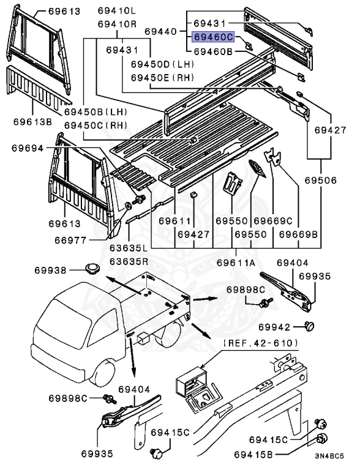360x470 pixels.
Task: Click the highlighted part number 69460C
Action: (213, 37)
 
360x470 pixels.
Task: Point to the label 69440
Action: (160, 31)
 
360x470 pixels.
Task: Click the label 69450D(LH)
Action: (159, 64)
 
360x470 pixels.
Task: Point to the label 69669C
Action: (269, 220)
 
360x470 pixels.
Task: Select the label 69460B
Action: (213, 52)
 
